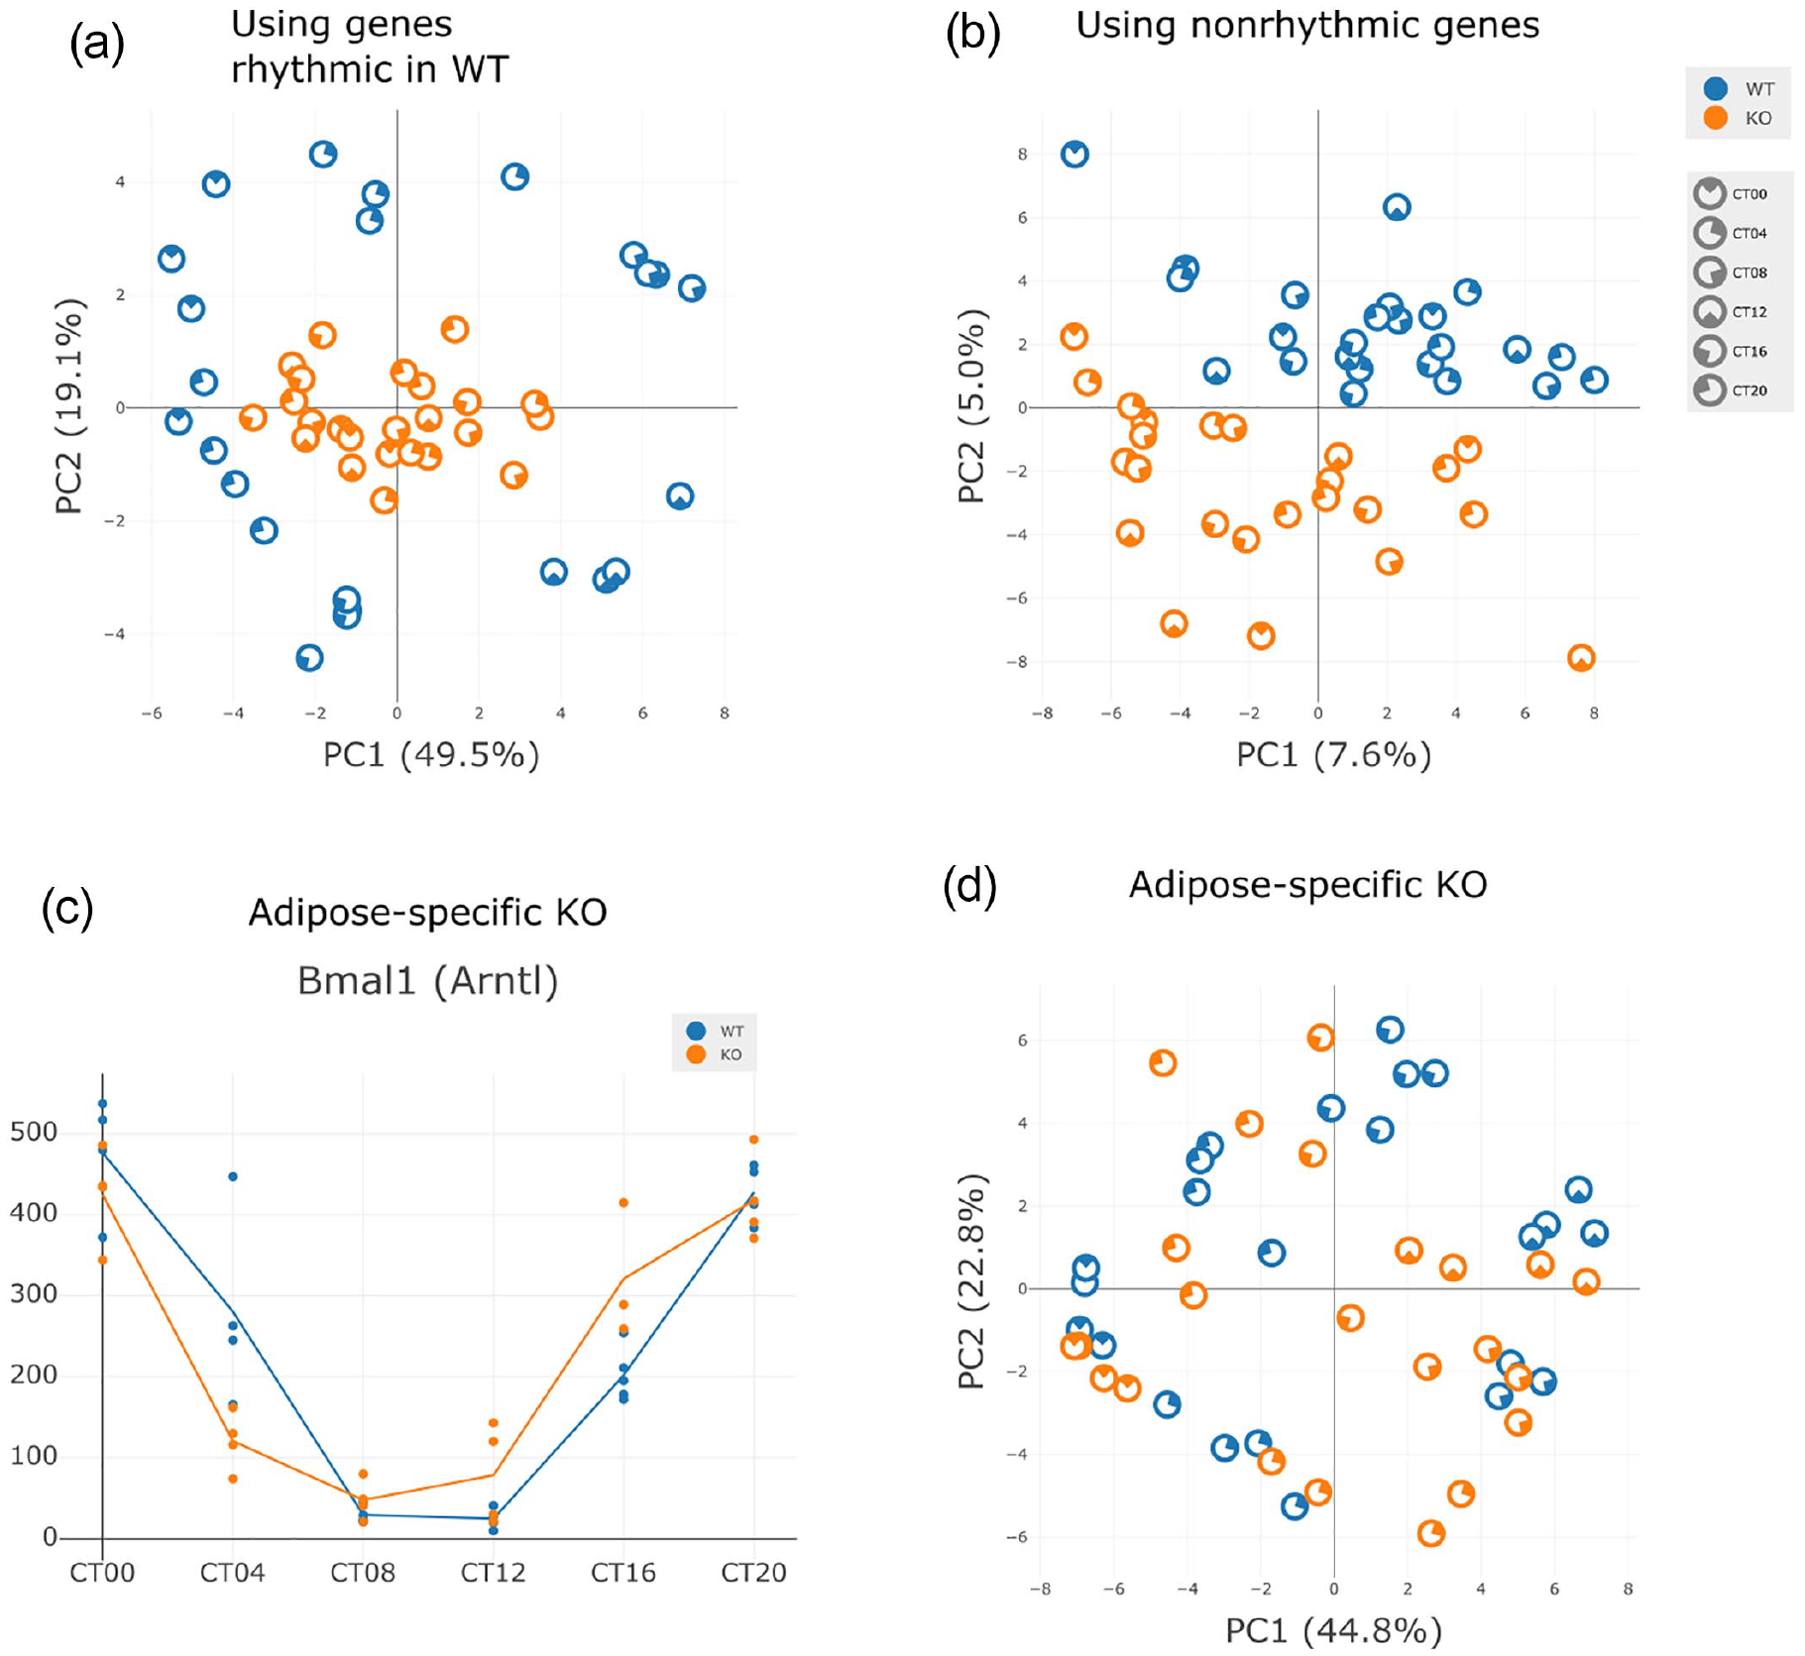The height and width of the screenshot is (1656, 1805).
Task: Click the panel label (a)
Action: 96,44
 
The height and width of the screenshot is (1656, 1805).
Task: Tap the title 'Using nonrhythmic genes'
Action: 1307,25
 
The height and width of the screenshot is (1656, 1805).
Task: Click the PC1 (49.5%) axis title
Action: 431,755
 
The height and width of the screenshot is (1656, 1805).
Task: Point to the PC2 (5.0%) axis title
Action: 971,406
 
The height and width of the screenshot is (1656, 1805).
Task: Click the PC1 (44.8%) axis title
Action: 1333,1630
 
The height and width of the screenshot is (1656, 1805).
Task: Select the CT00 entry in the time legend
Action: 1731,193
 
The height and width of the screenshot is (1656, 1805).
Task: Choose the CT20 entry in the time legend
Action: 1731,389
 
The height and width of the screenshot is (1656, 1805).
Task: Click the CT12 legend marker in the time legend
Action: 1709,311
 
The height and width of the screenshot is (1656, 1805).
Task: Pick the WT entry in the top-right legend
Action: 1739,88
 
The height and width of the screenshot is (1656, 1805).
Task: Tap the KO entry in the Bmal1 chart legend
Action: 714,1054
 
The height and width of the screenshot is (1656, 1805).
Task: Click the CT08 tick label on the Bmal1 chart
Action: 363,1572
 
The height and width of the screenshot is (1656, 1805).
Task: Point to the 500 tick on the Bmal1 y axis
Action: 34,1132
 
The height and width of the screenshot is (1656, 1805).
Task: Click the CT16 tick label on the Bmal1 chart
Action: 623,1572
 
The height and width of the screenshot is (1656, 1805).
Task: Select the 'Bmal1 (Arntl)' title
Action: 428,980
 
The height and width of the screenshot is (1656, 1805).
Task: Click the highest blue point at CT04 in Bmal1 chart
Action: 233,1176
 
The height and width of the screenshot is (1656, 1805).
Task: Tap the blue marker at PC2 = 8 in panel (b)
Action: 1074,154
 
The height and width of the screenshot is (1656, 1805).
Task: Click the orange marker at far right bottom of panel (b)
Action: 1581,657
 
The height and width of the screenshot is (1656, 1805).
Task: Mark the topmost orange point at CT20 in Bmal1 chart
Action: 753,1140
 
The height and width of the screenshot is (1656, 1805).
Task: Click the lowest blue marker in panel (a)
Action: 309,657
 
